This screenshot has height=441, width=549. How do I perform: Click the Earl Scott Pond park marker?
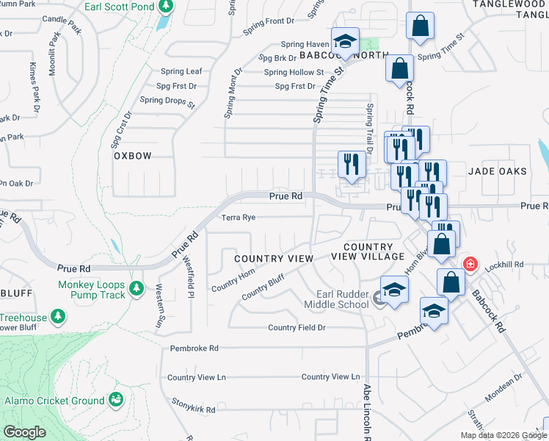point(165,6)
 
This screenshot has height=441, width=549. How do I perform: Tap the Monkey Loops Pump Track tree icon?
point(135,287)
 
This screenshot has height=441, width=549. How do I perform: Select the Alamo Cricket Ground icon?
point(115,400)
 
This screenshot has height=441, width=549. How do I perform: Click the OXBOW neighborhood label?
point(132,157)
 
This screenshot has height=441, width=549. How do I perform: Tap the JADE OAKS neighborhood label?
point(498,171)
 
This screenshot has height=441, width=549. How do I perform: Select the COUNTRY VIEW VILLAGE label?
point(368,251)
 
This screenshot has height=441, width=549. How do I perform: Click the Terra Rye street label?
point(239,218)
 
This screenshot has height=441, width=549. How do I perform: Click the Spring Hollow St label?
point(294,72)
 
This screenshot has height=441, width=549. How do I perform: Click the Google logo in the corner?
point(25,432)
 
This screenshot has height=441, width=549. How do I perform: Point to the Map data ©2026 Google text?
point(503,435)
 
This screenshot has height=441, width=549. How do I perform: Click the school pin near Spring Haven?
point(343,41)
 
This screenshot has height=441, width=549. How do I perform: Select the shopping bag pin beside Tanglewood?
point(421,26)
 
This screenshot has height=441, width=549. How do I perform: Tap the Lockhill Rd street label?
point(509,264)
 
